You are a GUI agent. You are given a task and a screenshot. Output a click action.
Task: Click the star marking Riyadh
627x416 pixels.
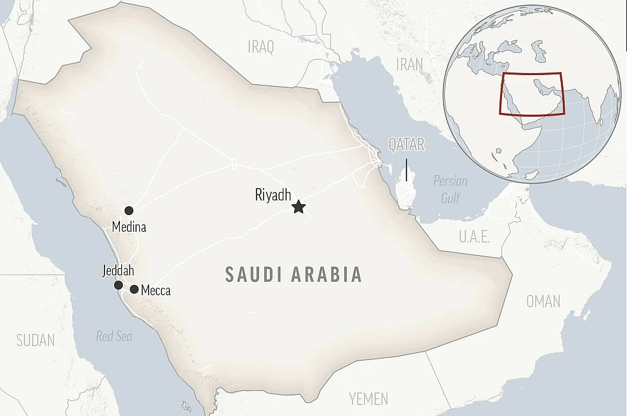(x=298, y=207)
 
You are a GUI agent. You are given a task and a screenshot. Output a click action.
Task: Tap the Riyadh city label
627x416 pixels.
(x=273, y=195)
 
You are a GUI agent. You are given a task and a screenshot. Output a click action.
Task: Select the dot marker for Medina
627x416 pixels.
(x=129, y=211)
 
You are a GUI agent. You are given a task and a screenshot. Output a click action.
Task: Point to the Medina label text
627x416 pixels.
(x=129, y=227)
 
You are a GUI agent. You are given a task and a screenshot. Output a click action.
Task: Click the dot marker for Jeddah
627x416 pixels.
(x=119, y=285)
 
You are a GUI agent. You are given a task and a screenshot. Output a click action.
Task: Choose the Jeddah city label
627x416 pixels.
(x=118, y=271)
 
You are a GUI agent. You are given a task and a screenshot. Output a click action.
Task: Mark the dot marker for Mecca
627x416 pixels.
(x=134, y=290)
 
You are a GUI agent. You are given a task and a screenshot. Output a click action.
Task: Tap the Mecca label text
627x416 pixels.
(x=156, y=291)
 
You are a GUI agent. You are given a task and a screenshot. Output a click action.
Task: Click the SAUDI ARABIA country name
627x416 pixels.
(x=294, y=275)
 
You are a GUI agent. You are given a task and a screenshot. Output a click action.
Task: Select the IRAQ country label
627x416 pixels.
(x=261, y=46)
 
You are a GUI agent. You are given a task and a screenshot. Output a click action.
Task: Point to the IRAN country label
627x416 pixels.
(x=410, y=64)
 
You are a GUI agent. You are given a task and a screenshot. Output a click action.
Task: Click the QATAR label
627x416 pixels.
(x=406, y=144)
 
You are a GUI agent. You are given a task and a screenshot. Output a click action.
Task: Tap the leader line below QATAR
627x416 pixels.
(x=406, y=169)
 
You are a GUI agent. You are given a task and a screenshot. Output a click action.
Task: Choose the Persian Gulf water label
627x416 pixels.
(x=450, y=189)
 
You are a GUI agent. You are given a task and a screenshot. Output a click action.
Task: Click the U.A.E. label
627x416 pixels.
(x=474, y=237)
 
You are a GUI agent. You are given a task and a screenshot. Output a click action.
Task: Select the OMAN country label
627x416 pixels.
(x=543, y=300)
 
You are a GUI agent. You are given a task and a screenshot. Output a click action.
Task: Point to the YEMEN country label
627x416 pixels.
(x=369, y=399)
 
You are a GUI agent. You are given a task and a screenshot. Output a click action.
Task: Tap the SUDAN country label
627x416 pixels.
(x=35, y=340)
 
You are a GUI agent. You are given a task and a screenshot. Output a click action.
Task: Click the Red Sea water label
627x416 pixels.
(x=114, y=335)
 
